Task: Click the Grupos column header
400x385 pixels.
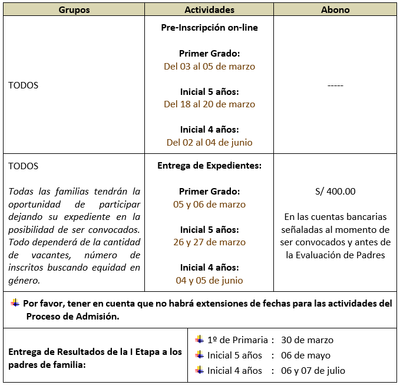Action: pos(74,10)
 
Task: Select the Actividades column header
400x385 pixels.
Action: pos(209,10)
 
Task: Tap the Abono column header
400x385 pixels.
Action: pos(335,10)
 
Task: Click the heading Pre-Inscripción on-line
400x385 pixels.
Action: pos(209,28)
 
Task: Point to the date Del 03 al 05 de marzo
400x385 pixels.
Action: pos(209,67)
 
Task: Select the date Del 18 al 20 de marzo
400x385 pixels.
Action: pos(209,104)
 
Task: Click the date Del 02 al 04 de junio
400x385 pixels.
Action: pos(209,142)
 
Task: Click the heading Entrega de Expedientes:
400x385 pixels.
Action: pos(209,166)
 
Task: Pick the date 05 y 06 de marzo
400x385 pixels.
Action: pos(209,205)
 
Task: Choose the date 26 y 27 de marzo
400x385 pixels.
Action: pos(209,242)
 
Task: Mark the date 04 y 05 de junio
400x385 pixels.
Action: pos(209,281)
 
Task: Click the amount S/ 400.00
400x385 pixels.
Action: pos(335,192)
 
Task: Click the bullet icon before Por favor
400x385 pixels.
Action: pos(15,303)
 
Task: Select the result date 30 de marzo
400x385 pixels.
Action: pos(307,340)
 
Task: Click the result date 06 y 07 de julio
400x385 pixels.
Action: pos(313,371)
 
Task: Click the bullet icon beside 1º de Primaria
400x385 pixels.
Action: pos(200,340)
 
